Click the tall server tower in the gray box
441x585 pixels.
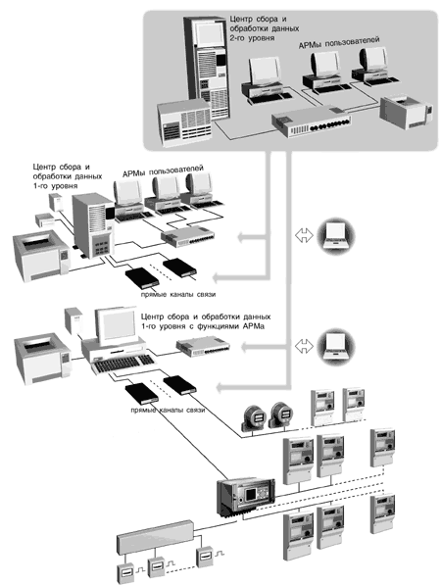point(206,68)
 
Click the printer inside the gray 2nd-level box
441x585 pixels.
point(407,111)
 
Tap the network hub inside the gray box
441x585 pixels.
point(311,122)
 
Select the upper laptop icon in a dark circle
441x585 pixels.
point(336,236)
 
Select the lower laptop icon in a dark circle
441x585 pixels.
point(336,347)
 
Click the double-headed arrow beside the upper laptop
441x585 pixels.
point(304,235)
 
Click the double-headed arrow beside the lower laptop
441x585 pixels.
point(304,346)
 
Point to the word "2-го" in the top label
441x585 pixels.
point(237,38)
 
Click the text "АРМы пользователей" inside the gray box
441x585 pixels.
point(339,42)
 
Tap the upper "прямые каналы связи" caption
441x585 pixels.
point(178,294)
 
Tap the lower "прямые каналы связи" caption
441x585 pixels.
point(168,410)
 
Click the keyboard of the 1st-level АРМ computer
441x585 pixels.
point(123,364)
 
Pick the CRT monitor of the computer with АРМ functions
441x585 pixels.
point(116,325)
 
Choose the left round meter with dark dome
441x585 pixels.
point(254,416)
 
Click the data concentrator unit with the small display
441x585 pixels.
point(246,496)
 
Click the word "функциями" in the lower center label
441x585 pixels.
point(219,326)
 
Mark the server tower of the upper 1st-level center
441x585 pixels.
point(93,225)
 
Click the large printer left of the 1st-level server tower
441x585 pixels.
point(40,256)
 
